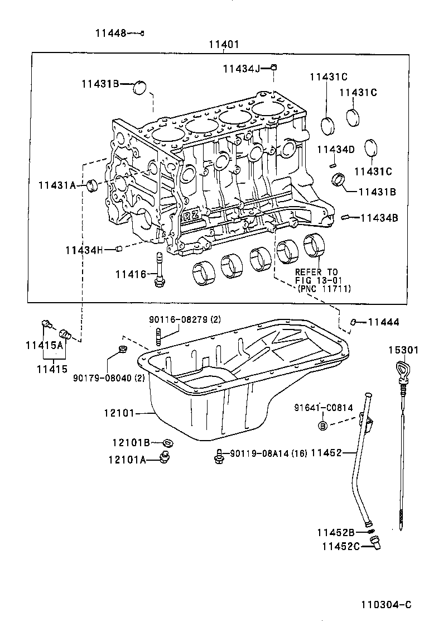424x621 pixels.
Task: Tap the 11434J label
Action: click(x=241, y=69)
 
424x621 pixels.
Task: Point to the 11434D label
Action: click(x=336, y=149)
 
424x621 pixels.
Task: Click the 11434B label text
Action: click(x=379, y=218)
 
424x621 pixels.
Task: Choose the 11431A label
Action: click(x=57, y=185)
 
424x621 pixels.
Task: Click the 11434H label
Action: click(x=84, y=250)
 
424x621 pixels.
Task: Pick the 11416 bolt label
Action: click(x=131, y=274)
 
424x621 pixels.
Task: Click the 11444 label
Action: click(x=384, y=322)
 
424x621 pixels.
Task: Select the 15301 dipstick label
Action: click(x=403, y=350)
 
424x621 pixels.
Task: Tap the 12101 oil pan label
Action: click(x=119, y=414)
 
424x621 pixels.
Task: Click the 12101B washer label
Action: click(x=131, y=443)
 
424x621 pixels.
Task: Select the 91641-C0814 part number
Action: click(x=324, y=408)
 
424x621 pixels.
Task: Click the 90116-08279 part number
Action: click(x=177, y=320)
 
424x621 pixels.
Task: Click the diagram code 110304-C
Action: click(x=386, y=605)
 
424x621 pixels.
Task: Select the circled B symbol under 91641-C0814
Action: click(x=322, y=426)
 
